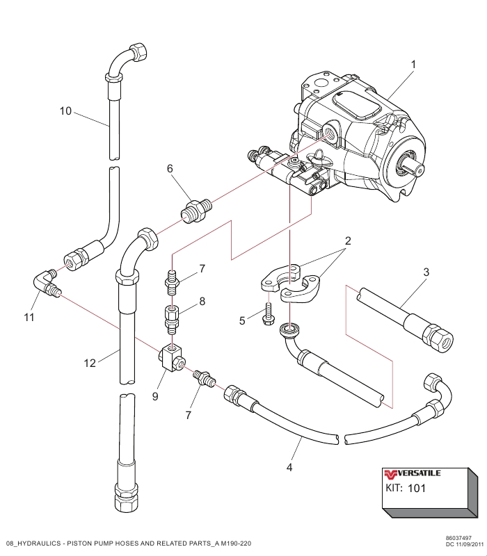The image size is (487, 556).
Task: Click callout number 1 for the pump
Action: [413, 64]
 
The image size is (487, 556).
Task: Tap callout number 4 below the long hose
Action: [289, 468]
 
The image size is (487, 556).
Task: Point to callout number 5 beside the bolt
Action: [242, 320]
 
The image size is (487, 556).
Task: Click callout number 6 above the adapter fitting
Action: [169, 169]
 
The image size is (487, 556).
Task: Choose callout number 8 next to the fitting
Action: [202, 302]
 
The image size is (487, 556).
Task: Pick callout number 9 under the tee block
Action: [155, 397]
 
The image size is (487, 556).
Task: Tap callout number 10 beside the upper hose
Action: [65, 111]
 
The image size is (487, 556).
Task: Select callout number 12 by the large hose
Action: [88, 362]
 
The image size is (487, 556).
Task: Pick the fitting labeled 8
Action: [170, 317]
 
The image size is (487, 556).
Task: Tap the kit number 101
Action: [416, 488]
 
